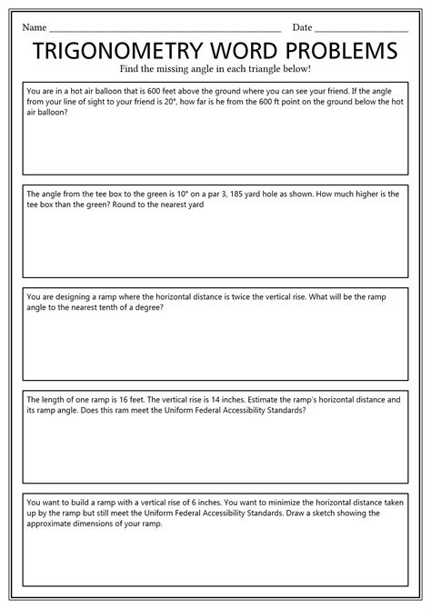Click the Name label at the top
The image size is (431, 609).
34,28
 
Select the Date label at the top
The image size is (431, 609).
302,28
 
